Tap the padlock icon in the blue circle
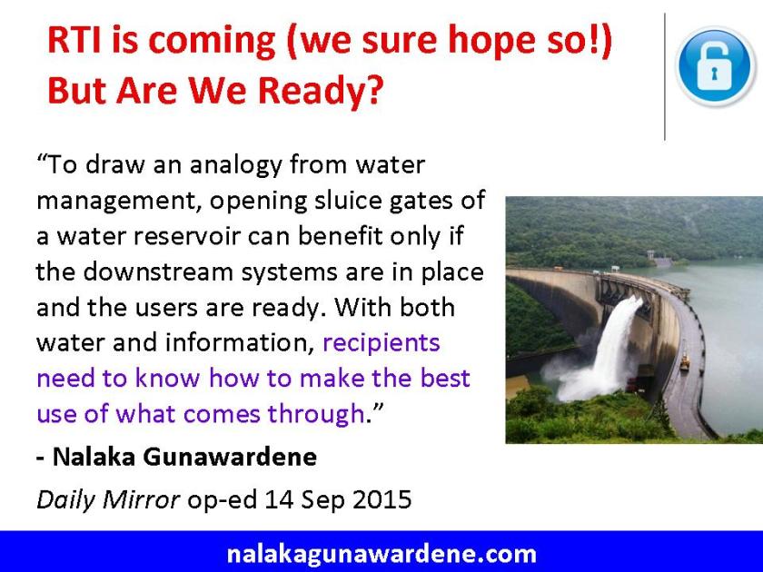718,68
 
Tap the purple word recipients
381,342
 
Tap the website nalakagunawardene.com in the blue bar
381,553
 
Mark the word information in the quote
224,342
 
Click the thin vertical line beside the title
666,77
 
